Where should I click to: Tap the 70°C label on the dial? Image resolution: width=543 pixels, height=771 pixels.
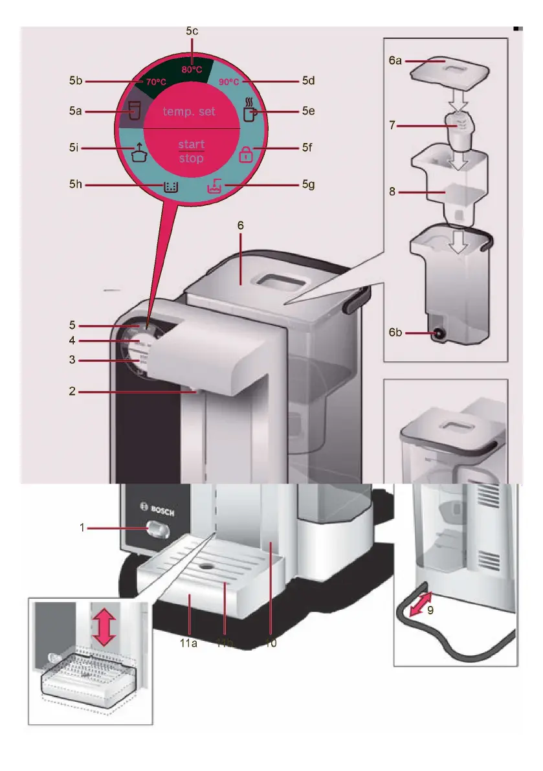click(x=156, y=82)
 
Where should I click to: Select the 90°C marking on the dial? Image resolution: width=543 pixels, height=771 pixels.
click(x=228, y=82)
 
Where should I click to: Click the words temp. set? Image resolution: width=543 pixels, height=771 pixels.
click(x=189, y=111)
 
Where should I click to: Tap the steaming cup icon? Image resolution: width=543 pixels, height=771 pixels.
click(x=249, y=109)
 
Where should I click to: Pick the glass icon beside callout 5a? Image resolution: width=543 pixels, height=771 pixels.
click(x=133, y=111)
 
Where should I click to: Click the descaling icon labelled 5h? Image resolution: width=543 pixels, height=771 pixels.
click(x=170, y=186)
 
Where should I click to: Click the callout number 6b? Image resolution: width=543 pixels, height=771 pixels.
click(x=396, y=333)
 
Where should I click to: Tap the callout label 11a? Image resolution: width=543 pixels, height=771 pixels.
click(x=189, y=643)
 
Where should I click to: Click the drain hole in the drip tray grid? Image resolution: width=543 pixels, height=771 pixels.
click(x=208, y=564)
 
